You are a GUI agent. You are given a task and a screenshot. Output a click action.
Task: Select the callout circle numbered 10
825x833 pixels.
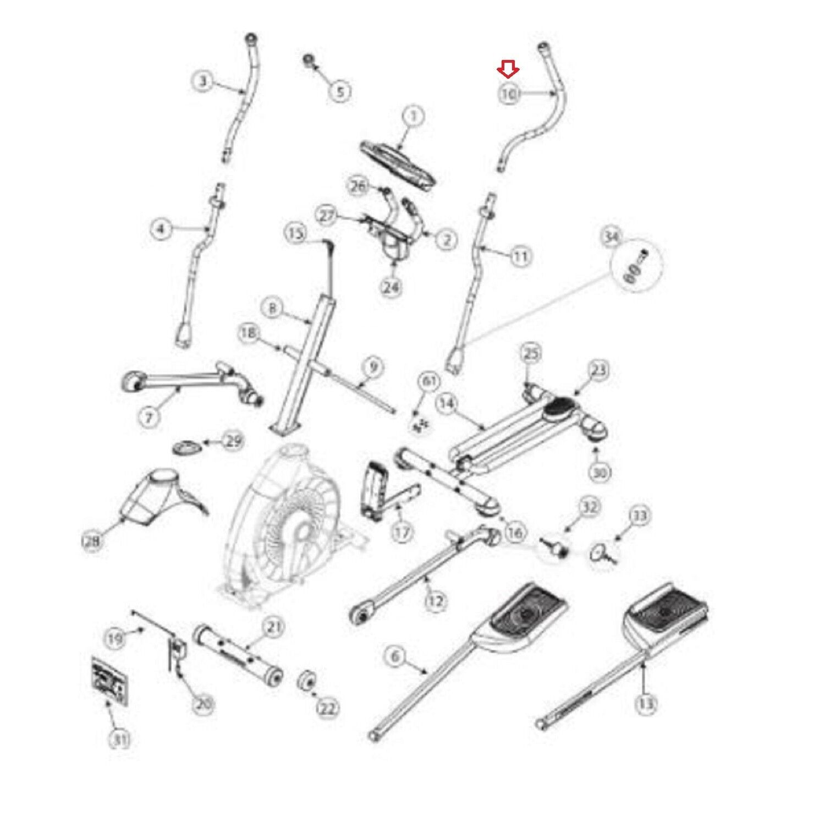509,94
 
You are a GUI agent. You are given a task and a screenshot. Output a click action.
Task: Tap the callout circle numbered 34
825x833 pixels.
611,238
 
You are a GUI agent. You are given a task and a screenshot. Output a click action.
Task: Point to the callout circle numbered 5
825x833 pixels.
340,91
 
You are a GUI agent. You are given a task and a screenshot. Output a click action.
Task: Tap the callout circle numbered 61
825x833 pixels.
429,381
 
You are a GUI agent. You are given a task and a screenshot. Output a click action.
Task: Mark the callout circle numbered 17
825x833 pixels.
403,533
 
